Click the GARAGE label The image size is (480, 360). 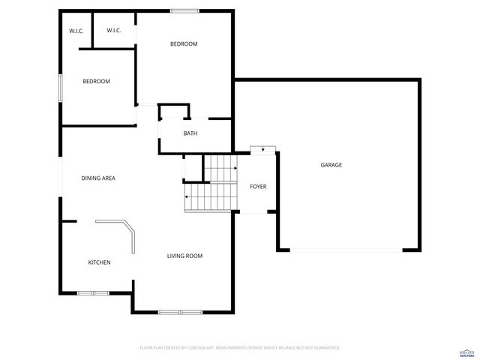[x=331, y=165]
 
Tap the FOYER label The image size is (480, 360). [x=258, y=187]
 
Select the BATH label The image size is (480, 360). [x=190, y=133]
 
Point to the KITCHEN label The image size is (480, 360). [x=100, y=262]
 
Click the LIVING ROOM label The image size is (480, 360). [x=184, y=256]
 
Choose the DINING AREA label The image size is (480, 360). [x=98, y=178]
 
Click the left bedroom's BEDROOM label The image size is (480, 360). [x=96, y=82]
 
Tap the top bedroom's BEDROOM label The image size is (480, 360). [x=184, y=44]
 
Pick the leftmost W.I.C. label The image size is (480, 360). [x=76, y=31]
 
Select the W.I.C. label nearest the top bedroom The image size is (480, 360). [x=114, y=31]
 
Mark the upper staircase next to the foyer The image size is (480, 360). [x=221, y=167]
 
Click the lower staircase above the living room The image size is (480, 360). [x=211, y=198]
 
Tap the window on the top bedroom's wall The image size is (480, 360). [x=184, y=10]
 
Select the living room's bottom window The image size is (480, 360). [x=180, y=311]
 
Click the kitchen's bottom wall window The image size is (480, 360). [x=93, y=292]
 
